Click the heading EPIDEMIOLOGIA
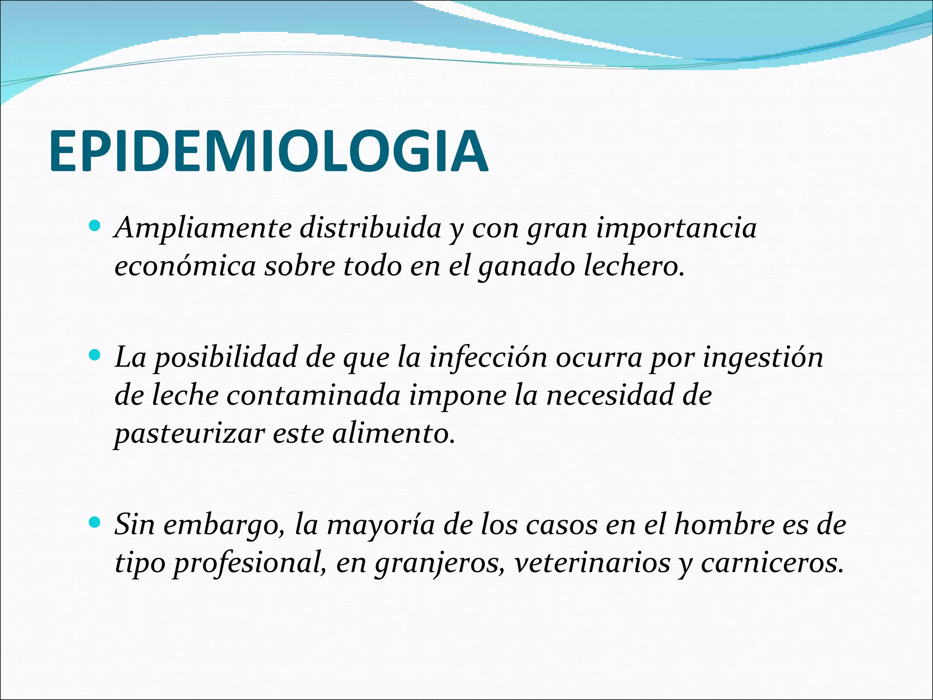(x=269, y=151)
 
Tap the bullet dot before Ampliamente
(x=95, y=225)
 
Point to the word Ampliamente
(x=203, y=228)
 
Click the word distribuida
(x=370, y=227)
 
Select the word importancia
(x=676, y=228)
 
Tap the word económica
(x=185, y=266)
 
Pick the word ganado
(x=527, y=267)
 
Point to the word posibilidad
(x=225, y=358)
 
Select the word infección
(x=488, y=358)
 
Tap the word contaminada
(x=313, y=395)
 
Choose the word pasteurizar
(x=189, y=434)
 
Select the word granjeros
(x=440, y=564)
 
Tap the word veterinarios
(x=592, y=563)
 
